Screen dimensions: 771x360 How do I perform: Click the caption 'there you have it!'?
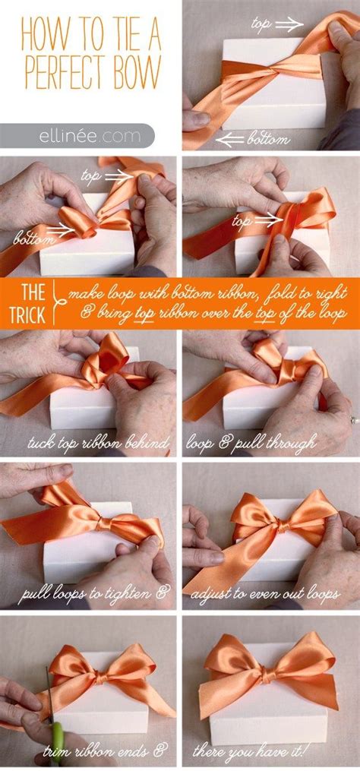coord(270,752)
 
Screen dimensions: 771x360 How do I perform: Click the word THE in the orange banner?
coord(32,291)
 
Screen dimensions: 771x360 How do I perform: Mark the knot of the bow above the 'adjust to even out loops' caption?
coord(282,524)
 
